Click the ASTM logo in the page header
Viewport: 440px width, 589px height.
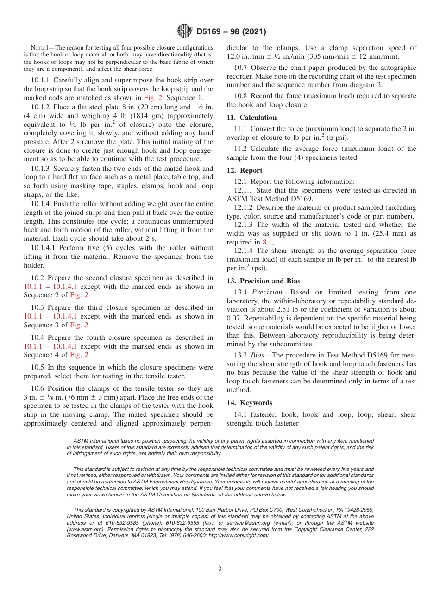tap(185, 31)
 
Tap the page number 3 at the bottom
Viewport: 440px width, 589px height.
tap(220, 569)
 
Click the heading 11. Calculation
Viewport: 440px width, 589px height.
tap(251, 118)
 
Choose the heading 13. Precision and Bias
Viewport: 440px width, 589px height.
tap(263, 281)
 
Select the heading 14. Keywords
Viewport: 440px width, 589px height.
tap(249, 402)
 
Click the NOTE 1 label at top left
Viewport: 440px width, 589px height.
tap(40, 48)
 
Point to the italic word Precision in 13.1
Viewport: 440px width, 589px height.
tap(267, 292)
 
